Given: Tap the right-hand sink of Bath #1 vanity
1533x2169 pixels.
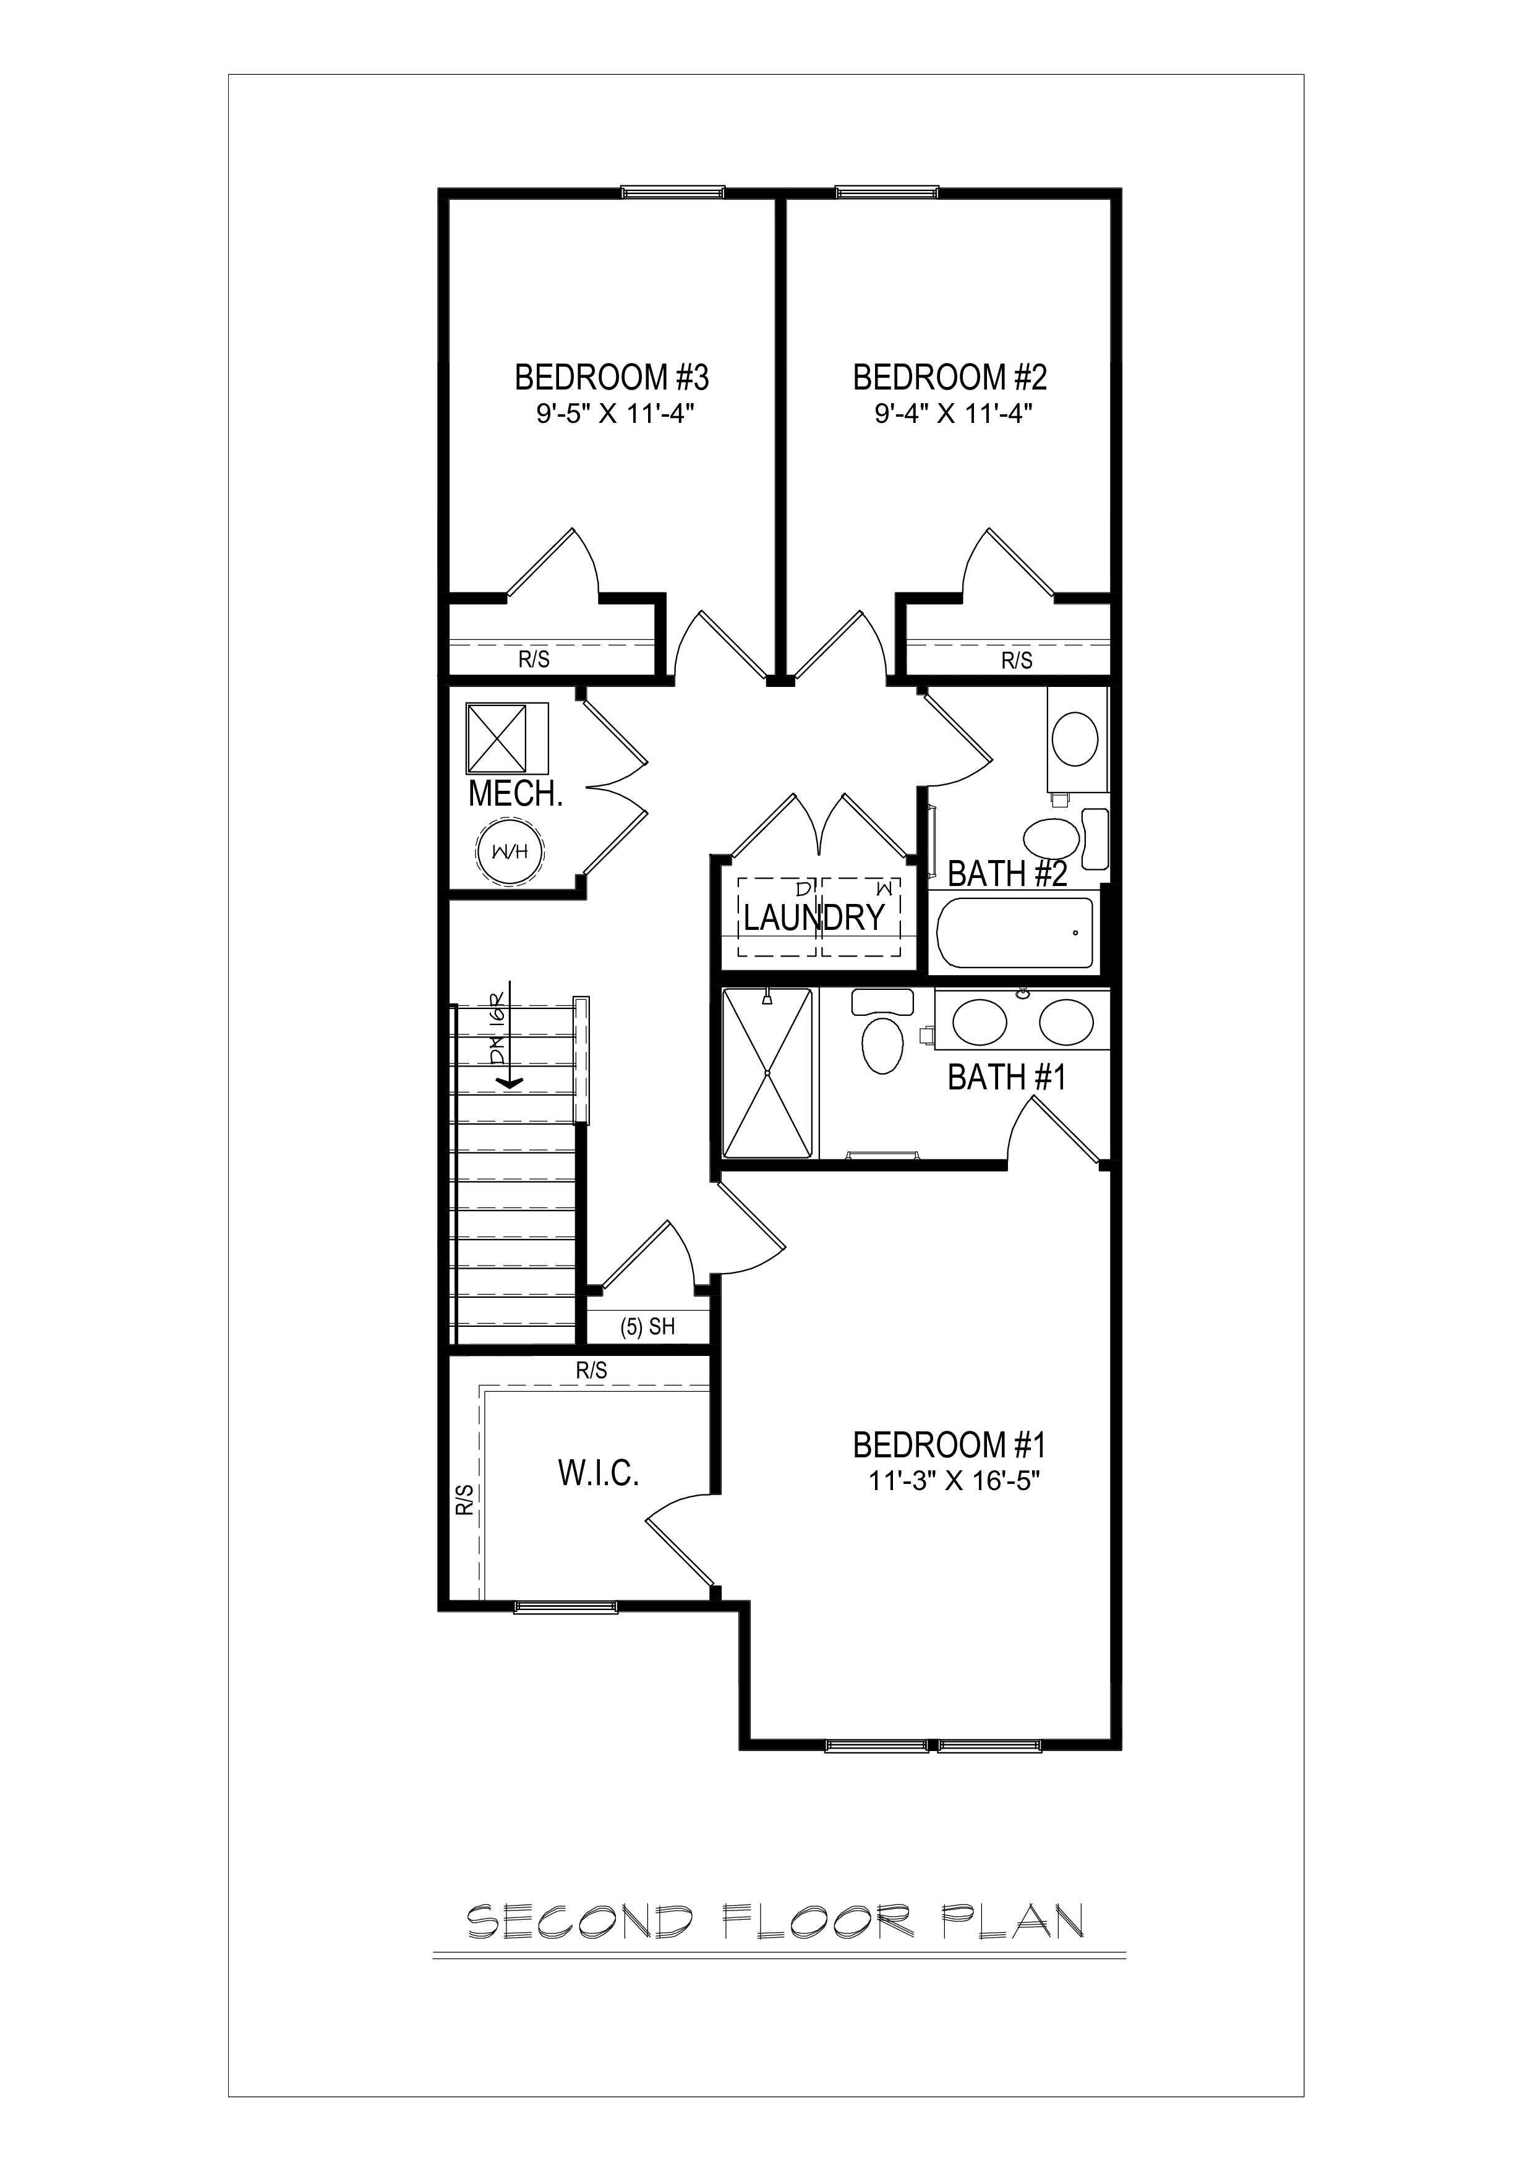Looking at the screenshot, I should click(1066, 1022).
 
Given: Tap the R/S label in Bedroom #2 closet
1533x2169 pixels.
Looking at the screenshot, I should click(1017, 660).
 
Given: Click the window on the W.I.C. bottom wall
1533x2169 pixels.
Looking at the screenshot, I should click(566, 1607).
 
